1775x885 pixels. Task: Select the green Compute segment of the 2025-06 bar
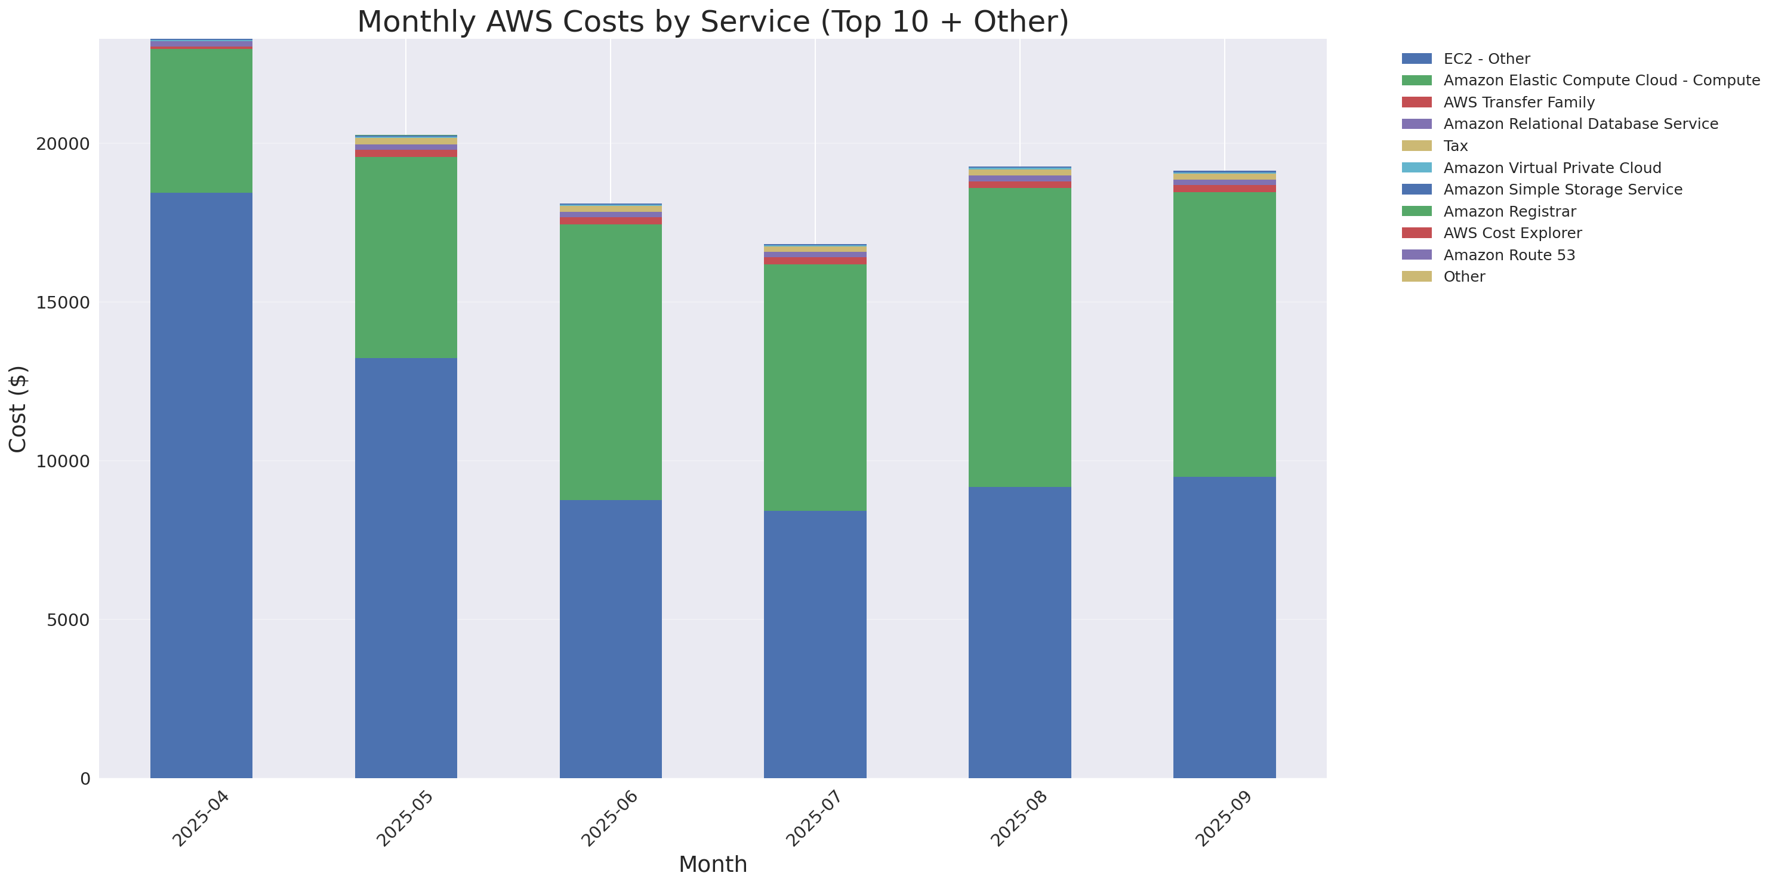[x=611, y=362]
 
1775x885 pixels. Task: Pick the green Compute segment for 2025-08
[x=1019, y=338]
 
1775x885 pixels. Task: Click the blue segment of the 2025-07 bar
[x=815, y=644]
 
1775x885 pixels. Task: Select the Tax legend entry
[x=1454, y=146]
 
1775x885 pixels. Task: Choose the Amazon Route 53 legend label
[x=1508, y=255]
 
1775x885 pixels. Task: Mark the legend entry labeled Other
[x=1463, y=277]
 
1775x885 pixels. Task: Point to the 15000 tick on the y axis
[x=63, y=303]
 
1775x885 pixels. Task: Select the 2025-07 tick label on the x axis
[x=815, y=819]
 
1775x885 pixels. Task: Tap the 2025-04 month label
[x=201, y=819]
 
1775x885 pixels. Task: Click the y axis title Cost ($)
[x=18, y=409]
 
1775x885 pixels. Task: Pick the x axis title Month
[x=713, y=864]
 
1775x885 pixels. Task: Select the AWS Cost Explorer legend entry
[x=1512, y=233]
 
